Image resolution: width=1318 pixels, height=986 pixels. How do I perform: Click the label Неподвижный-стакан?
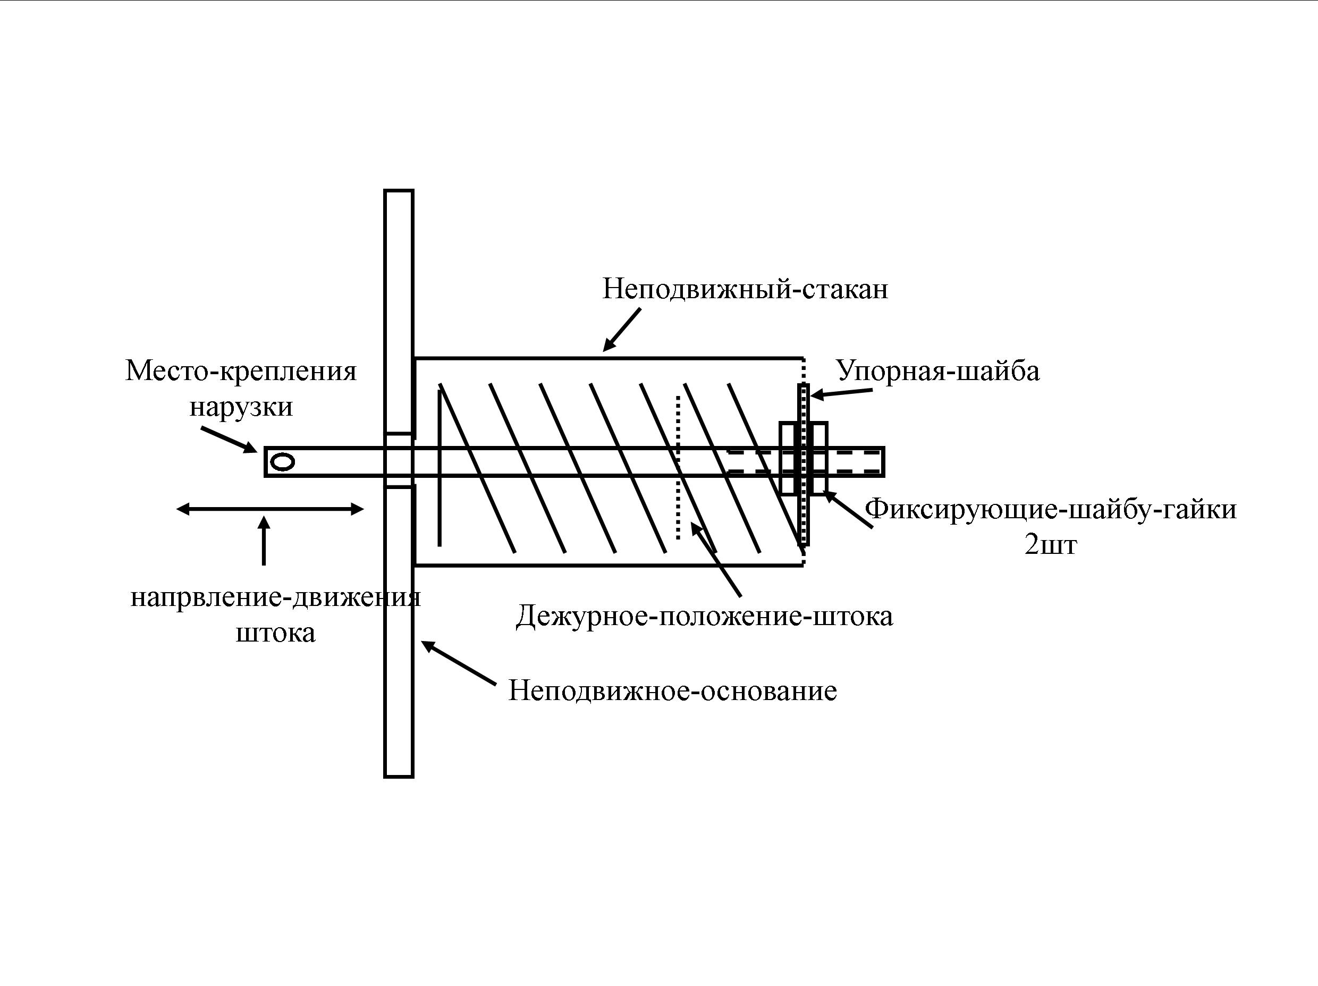tap(745, 290)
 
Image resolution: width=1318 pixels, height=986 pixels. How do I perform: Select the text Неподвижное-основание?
tap(673, 691)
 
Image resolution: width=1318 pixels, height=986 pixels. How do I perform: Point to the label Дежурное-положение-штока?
tap(704, 616)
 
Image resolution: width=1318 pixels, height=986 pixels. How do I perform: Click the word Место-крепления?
tap(241, 371)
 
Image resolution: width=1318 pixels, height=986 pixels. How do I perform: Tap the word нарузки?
tap(241, 408)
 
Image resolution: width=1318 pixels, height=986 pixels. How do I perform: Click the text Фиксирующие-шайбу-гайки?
tap(1051, 509)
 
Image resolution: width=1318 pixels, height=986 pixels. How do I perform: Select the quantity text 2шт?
tap(1051, 544)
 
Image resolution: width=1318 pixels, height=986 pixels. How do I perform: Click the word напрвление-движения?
tap(275, 597)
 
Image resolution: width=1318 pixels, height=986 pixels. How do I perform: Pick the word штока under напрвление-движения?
tap(275, 633)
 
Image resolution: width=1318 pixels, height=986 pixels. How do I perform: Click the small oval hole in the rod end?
tap(282, 462)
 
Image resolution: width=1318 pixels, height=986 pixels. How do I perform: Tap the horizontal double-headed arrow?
tap(270, 509)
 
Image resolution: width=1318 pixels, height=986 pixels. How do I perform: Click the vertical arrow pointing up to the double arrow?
tap(264, 541)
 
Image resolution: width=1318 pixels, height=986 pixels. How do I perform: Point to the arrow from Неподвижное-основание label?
tap(458, 662)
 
